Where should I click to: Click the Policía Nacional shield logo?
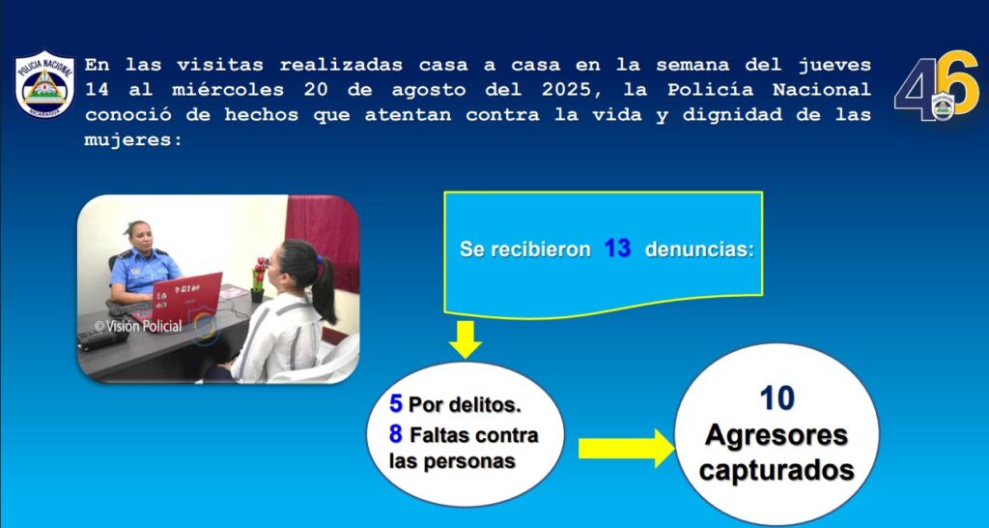[44, 85]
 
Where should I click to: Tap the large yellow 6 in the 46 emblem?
[957, 83]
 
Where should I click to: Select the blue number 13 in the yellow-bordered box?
[617, 249]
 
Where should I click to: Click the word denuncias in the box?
[699, 249]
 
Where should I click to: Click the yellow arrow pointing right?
[626, 449]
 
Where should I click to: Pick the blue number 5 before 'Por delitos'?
[396, 403]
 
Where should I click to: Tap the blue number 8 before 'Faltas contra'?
[395, 434]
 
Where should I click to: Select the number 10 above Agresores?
[777, 398]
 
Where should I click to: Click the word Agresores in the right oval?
[777, 436]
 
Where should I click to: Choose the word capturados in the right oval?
[777, 471]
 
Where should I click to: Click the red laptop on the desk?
[186, 298]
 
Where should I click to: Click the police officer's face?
[140, 238]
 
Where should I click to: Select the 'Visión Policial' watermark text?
[138, 326]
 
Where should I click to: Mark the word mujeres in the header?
[133, 139]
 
